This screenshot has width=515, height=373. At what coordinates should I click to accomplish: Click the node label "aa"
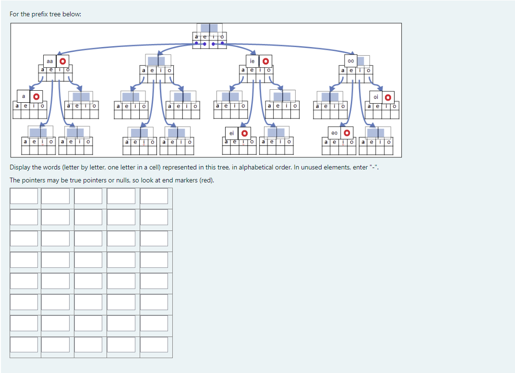(x=49, y=61)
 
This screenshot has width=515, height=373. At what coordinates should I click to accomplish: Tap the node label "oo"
(x=351, y=61)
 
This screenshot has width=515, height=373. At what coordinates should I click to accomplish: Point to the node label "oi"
(x=375, y=97)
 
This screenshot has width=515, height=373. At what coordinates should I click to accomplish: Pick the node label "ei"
(x=231, y=133)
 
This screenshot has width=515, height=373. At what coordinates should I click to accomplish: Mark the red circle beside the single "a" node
(x=36, y=97)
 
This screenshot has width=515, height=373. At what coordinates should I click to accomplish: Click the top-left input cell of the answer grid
(x=24, y=196)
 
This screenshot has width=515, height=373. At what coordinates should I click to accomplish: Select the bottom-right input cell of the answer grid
(x=154, y=345)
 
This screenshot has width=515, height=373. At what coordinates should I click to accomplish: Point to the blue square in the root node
(x=209, y=27)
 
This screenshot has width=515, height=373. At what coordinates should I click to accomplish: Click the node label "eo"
(x=334, y=132)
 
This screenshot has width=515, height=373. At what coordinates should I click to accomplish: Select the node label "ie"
(x=252, y=61)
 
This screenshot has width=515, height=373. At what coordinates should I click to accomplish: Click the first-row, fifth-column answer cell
(x=154, y=196)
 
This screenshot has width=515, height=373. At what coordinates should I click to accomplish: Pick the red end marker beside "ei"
(x=244, y=133)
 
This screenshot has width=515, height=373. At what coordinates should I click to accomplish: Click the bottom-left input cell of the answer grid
(x=24, y=345)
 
